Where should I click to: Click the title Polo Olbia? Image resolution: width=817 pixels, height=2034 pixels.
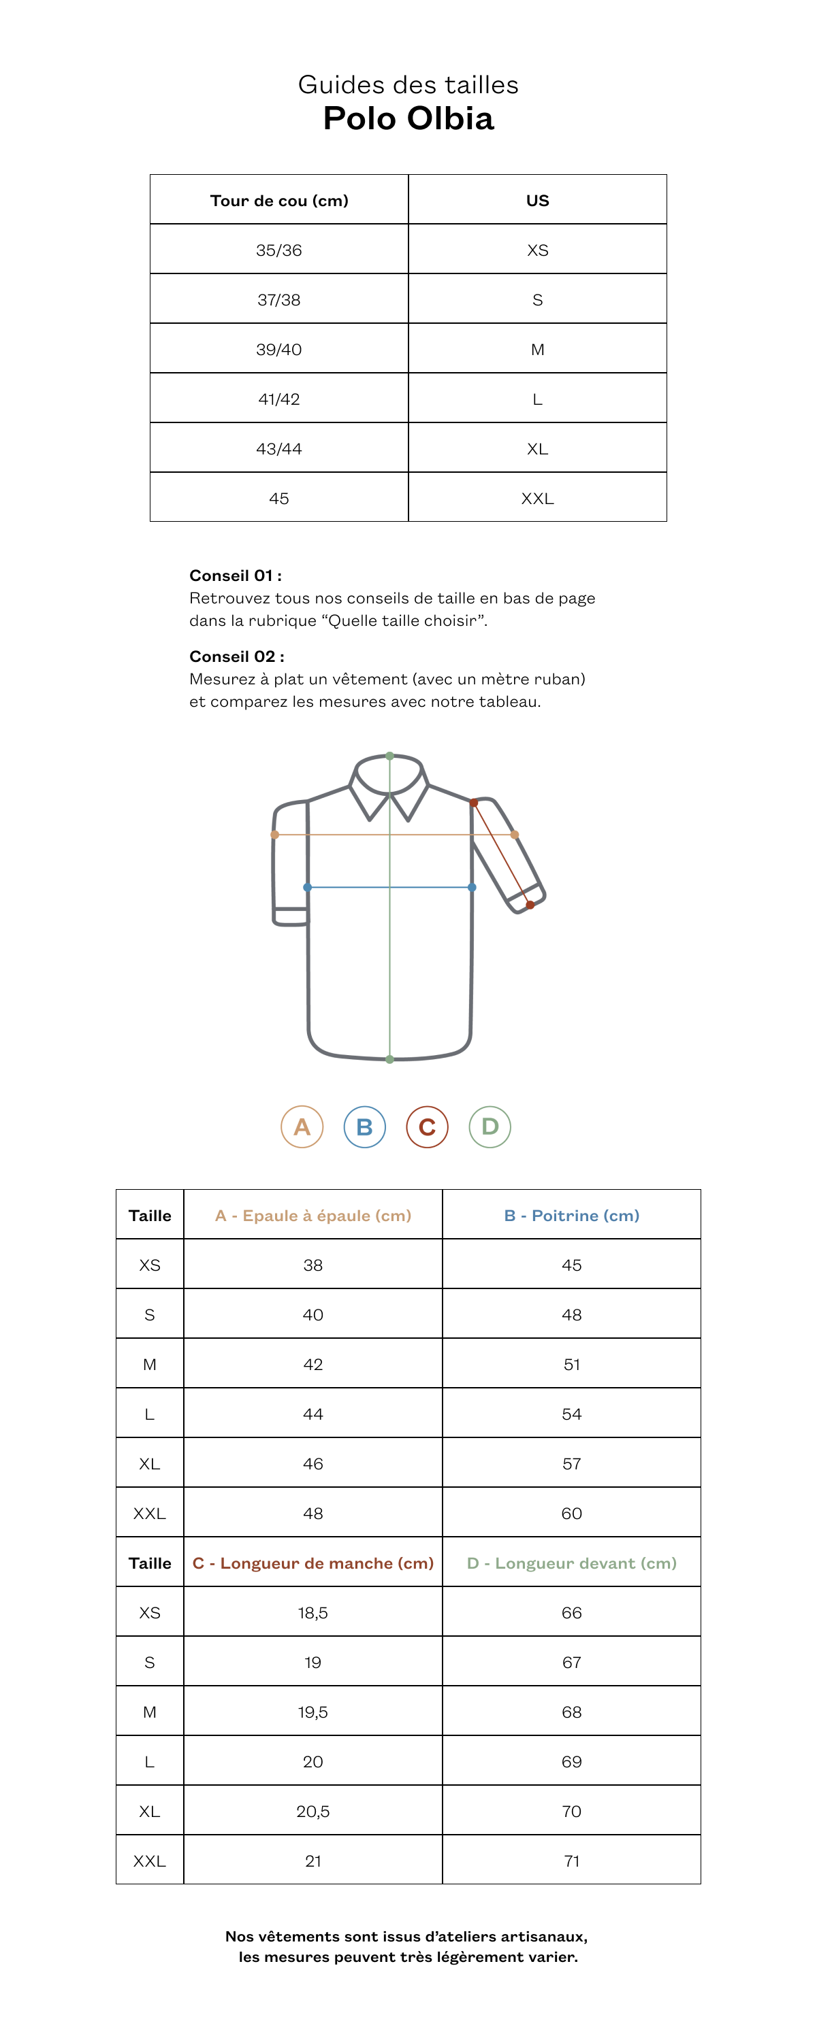[408, 118]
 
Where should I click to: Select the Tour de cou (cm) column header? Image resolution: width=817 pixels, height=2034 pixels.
[279, 201]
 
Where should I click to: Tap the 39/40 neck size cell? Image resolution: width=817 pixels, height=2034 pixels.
[279, 350]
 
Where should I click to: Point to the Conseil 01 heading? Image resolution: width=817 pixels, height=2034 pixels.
[236, 576]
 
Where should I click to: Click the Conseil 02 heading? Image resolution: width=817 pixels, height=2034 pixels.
[236, 657]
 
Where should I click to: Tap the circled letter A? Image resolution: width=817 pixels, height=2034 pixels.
[302, 1127]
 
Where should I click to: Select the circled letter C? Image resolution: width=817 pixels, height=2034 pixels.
[427, 1127]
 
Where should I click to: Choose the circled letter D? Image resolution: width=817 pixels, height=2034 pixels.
[490, 1127]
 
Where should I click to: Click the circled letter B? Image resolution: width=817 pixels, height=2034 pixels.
[364, 1127]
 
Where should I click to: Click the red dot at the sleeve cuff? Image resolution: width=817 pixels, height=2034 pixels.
[530, 905]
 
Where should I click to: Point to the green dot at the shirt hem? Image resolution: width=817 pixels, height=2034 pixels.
[389, 1060]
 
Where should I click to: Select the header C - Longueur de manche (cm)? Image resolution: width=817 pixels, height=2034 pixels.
[313, 1563]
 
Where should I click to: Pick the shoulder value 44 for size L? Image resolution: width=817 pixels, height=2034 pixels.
[313, 1414]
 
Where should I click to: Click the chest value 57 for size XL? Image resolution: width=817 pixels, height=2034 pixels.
[571, 1464]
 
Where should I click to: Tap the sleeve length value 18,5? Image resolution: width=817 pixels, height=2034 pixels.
[313, 1613]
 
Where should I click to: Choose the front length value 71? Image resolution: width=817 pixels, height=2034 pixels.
[571, 1861]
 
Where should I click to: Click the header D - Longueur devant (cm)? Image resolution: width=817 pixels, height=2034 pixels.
[571, 1563]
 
